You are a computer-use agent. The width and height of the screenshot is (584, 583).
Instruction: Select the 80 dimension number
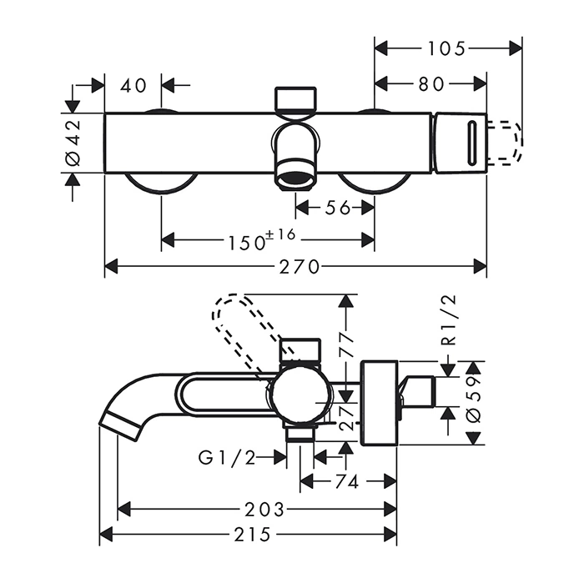[431, 84]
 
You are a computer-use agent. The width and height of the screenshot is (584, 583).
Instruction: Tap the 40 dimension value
[133, 84]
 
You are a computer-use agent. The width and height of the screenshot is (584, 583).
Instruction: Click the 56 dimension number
[337, 208]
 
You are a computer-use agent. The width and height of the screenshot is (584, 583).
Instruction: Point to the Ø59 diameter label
[473, 403]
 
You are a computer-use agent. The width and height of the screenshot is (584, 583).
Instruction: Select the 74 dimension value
[349, 482]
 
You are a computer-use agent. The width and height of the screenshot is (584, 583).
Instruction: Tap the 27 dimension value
[347, 414]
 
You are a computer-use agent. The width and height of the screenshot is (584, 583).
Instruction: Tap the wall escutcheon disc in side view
[380, 402]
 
